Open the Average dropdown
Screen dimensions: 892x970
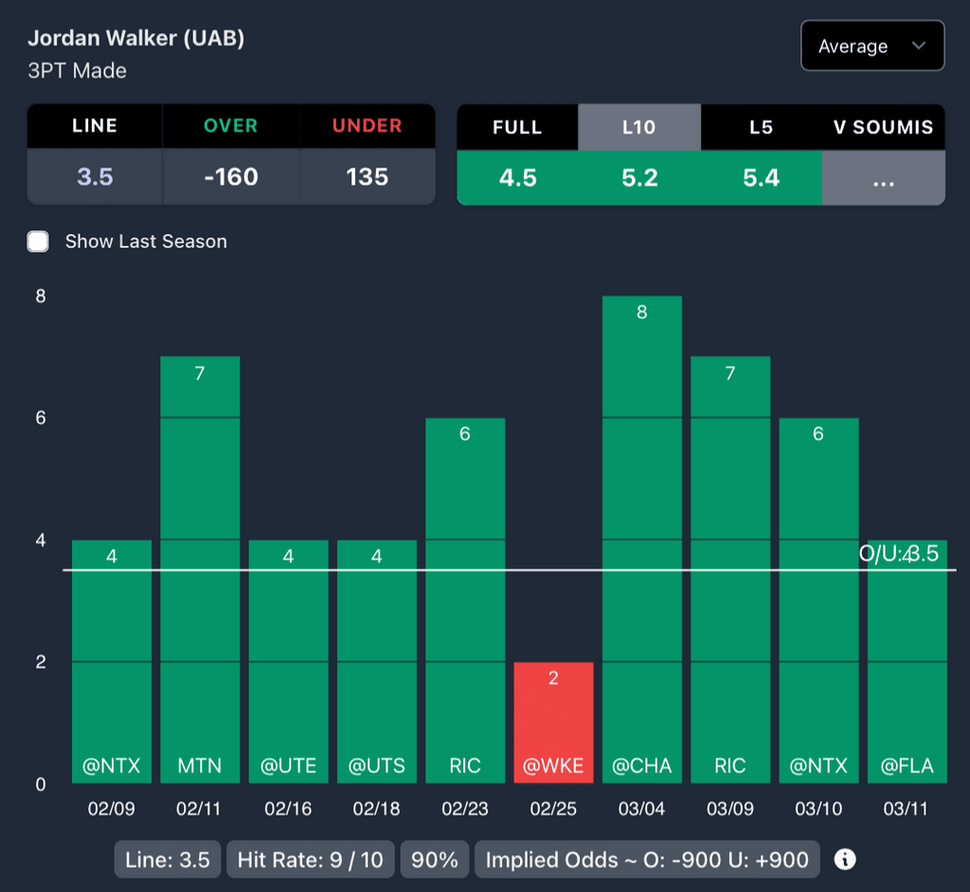(x=871, y=46)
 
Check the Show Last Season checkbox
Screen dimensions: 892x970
(x=38, y=241)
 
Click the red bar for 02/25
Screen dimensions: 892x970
(x=553, y=723)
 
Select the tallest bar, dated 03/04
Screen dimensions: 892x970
(x=641, y=540)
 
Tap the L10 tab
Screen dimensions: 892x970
(x=638, y=127)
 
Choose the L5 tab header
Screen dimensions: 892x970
(x=761, y=127)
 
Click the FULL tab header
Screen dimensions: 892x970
(x=517, y=127)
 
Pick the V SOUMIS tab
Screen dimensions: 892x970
(x=883, y=127)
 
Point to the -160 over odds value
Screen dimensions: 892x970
(x=231, y=177)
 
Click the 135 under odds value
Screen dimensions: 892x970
(x=367, y=177)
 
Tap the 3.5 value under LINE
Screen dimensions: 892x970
(x=95, y=177)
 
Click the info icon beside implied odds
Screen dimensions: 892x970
(x=845, y=860)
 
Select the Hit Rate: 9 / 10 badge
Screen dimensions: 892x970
(x=311, y=860)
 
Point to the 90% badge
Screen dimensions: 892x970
(x=436, y=860)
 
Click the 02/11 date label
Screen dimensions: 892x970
(x=199, y=810)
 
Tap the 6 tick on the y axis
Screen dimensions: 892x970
(x=41, y=418)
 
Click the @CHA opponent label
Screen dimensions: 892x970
(x=641, y=766)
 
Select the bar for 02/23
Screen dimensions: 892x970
(x=465, y=600)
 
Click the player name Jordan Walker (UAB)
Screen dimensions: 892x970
(x=135, y=39)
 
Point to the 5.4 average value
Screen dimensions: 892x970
(x=761, y=177)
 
